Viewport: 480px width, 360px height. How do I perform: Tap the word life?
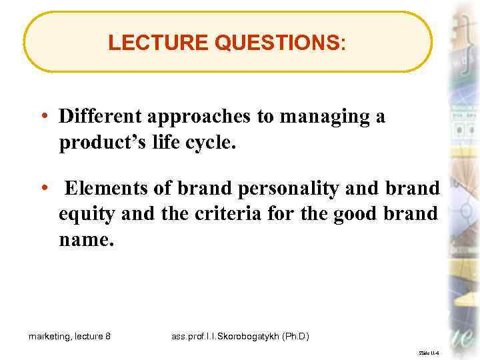[156, 143]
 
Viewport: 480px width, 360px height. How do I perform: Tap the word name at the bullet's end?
[84, 239]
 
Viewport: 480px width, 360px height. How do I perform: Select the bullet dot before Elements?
[44, 188]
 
